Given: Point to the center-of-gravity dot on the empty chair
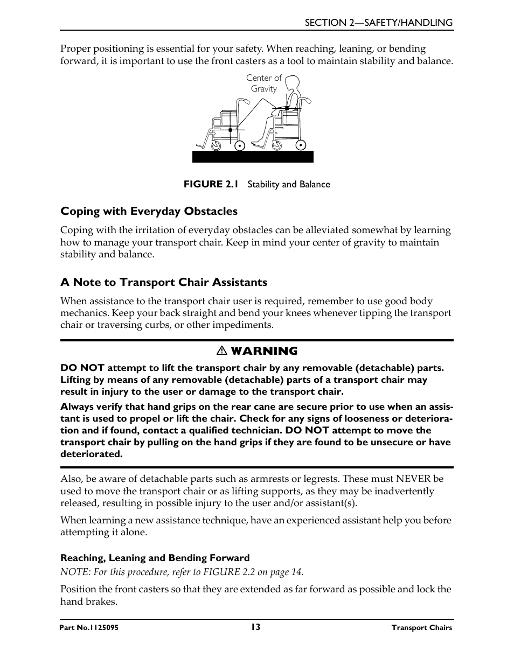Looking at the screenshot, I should tap(230, 130).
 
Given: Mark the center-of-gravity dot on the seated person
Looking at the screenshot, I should tap(287, 109).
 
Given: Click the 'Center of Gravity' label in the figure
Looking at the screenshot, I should tap(263, 83).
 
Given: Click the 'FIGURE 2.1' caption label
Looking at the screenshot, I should tap(211, 184).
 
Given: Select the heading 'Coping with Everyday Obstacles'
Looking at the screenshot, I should tap(149, 211).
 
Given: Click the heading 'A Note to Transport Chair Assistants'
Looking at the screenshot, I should tap(163, 282).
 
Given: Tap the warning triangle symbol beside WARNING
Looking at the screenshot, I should tap(221, 351).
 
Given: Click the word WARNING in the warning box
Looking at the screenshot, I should tap(263, 351).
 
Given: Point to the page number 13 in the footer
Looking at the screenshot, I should tap(255, 627).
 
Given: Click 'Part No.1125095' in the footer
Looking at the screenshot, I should tap(89, 628).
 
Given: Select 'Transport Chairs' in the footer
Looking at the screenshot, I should tap(421, 628).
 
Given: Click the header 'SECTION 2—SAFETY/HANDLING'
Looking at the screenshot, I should tap(378, 23).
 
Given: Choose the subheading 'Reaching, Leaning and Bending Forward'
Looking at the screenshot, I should tap(155, 558).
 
